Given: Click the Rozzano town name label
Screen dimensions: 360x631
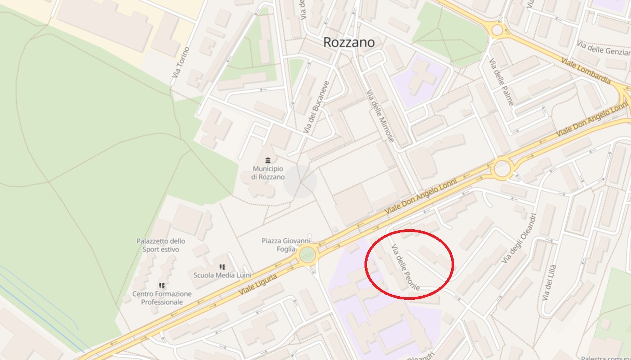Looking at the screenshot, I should pyautogui.click(x=348, y=43).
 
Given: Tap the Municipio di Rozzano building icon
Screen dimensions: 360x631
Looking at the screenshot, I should pyautogui.click(x=268, y=160).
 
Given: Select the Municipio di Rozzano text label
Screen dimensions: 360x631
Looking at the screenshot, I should pyautogui.click(x=268, y=173).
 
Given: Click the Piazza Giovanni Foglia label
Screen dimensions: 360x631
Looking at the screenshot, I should pyautogui.click(x=286, y=244).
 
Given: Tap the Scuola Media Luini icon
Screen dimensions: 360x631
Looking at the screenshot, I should pyautogui.click(x=222, y=267).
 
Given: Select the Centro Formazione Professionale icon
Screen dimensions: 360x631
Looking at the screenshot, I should pyautogui.click(x=162, y=285).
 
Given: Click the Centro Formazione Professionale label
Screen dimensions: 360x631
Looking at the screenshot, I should pyautogui.click(x=162, y=298).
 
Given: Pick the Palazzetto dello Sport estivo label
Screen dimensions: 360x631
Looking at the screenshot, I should pyautogui.click(x=161, y=245).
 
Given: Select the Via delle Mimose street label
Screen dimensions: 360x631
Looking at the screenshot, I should pyautogui.click(x=381, y=116).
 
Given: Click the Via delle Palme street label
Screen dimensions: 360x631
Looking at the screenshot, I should pyautogui.click(x=501, y=82).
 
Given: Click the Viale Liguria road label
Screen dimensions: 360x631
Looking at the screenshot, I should pyautogui.click(x=258, y=285).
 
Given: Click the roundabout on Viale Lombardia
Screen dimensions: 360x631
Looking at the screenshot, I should pyautogui.click(x=497, y=30).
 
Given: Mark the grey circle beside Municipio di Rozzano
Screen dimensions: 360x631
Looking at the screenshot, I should pyautogui.click(x=300, y=182).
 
